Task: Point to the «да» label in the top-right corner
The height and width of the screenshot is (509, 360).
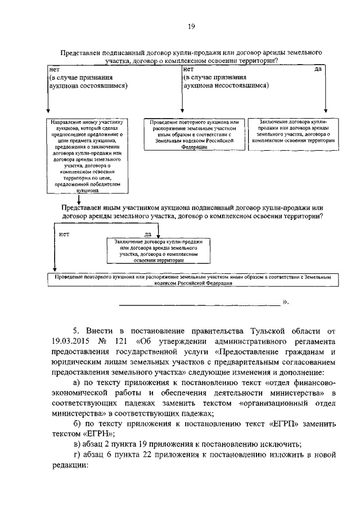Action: tap(317, 69)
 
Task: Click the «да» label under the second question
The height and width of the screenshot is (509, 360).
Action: tap(148, 234)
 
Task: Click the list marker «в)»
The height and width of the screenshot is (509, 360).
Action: tap(79, 444)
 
